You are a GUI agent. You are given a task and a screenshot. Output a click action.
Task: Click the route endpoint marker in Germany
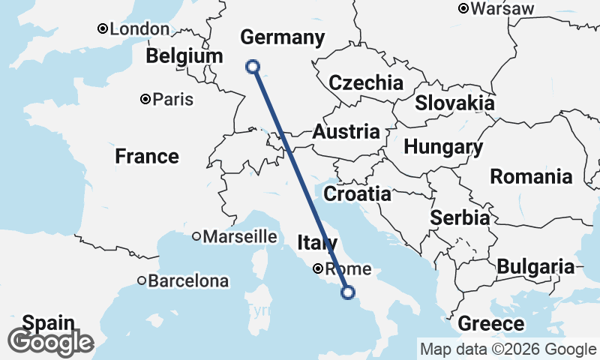[x=253, y=67]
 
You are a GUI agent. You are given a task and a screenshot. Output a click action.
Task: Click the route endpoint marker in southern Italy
[x=348, y=292]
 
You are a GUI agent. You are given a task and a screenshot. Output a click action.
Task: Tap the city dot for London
[x=103, y=29]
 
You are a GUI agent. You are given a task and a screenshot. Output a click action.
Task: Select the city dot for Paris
[x=145, y=99]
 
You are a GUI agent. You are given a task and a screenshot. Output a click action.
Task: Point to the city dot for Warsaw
[x=463, y=9]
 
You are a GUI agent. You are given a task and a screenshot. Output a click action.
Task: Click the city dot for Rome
[x=319, y=268]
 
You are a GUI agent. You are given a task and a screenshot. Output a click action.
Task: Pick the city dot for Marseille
[x=196, y=236]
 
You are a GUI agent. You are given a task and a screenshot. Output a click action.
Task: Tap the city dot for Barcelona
[x=142, y=281]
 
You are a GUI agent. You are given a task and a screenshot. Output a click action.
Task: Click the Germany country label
[x=283, y=37]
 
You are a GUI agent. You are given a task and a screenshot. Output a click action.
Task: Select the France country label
[x=147, y=156]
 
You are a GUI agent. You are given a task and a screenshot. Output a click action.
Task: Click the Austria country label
[x=346, y=132]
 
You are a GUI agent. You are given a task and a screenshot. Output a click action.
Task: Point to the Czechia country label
[x=366, y=82]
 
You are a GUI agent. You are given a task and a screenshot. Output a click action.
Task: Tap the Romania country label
[x=530, y=177]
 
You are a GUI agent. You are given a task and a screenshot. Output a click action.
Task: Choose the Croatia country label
[x=357, y=194]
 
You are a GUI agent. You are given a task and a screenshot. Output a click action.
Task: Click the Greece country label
[x=490, y=324]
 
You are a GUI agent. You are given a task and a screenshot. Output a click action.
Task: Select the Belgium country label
[x=184, y=56]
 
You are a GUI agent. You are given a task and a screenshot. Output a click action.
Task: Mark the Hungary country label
[x=443, y=147]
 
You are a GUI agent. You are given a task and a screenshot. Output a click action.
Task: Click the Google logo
[x=51, y=342]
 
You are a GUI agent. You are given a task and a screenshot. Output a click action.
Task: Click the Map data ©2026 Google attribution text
[x=508, y=349]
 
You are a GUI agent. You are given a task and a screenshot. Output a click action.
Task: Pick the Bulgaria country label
[x=535, y=266]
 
